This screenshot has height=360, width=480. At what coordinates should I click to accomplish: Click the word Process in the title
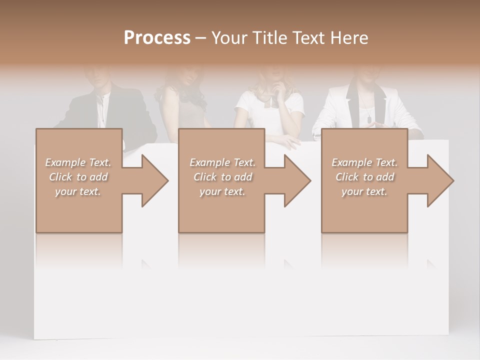pyautogui.click(x=157, y=38)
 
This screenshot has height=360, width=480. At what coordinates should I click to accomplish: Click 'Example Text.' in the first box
pyautogui.click(x=78, y=162)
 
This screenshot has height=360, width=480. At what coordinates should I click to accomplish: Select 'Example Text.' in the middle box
pyautogui.click(x=222, y=162)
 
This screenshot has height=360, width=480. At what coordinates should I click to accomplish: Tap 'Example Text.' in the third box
pyautogui.click(x=364, y=162)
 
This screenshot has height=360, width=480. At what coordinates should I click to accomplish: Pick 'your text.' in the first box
pyautogui.click(x=78, y=191)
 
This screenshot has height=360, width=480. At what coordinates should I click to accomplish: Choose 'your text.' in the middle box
pyautogui.click(x=222, y=191)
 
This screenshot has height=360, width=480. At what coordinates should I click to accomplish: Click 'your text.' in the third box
pyautogui.click(x=364, y=191)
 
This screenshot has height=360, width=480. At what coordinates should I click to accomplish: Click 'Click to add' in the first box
pyautogui.click(x=78, y=177)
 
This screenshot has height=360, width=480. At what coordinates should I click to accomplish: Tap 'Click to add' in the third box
pyautogui.click(x=364, y=177)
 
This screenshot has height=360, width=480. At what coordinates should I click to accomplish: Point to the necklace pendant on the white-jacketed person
pyautogui.click(x=368, y=119)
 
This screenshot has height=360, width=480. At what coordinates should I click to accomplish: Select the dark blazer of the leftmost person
pyautogui.click(x=80, y=112)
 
